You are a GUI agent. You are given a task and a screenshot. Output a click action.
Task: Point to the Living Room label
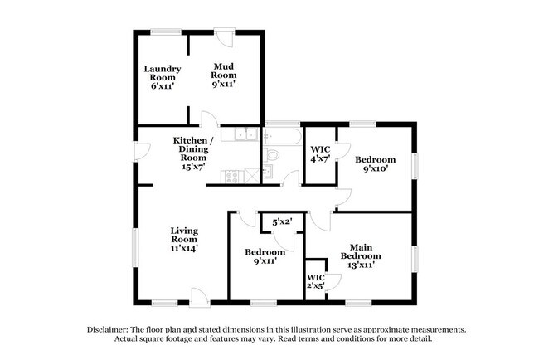click(184, 238)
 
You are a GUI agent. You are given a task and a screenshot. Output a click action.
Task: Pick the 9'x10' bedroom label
click(375, 163)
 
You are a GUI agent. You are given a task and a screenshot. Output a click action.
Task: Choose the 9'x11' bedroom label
click(265, 256)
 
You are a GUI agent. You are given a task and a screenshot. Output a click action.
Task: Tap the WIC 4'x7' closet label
click(321, 154)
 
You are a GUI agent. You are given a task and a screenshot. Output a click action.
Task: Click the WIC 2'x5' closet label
click(316, 282)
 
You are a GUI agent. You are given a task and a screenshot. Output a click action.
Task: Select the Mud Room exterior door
click(223, 37)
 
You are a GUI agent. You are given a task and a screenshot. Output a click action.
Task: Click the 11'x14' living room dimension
click(184, 247)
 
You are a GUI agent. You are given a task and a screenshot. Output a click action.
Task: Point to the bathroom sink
click(269, 172)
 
